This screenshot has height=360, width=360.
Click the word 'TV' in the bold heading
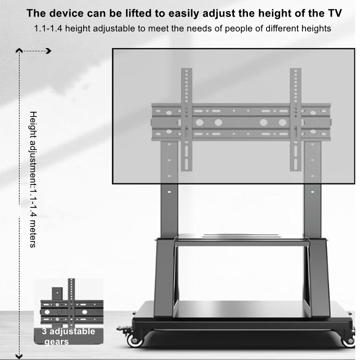click(x=335, y=13)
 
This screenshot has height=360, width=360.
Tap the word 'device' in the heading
click(x=66, y=13)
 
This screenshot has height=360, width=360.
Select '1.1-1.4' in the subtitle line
click(x=48, y=29)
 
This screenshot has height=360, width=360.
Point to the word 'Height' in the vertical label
click(x=33, y=125)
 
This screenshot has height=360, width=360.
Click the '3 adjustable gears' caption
click(x=68, y=336)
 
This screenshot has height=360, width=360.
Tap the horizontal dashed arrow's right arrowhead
click(x=49, y=51)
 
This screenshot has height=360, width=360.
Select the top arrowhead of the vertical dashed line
click(x=19, y=50)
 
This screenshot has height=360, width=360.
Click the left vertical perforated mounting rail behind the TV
click(x=186, y=120)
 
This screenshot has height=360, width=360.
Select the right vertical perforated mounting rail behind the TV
click(x=296, y=120)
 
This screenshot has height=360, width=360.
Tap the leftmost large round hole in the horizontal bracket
click(x=199, y=122)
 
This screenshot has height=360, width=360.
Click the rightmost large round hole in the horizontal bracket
click(x=283, y=122)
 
